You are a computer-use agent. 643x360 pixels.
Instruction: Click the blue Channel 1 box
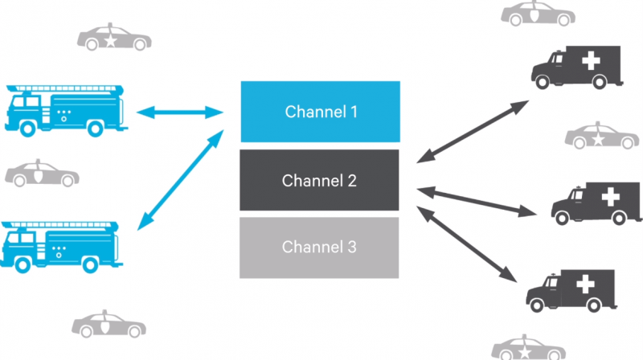point(321,112)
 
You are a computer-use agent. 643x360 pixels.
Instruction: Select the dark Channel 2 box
point(321,181)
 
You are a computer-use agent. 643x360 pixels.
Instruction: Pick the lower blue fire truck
point(66,244)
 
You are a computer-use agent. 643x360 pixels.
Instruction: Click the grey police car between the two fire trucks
point(42,174)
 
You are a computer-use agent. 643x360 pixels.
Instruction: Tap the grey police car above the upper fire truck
point(112,37)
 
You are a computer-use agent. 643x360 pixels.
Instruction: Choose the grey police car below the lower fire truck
point(109,325)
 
